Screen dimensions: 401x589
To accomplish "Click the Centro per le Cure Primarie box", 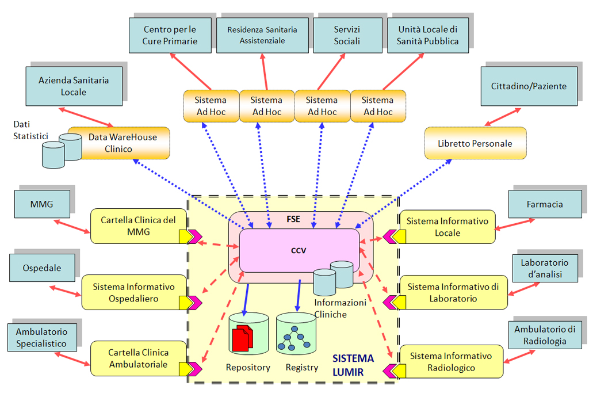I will click(x=170, y=35).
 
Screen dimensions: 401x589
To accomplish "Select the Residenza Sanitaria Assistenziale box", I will click(x=262, y=35).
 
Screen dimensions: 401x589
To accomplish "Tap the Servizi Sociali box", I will click(x=347, y=35).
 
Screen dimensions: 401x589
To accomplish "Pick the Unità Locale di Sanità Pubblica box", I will click(x=428, y=35).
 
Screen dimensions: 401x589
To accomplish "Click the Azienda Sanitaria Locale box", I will click(x=74, y=86).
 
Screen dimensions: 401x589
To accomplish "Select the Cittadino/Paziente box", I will click(x=529, y=86).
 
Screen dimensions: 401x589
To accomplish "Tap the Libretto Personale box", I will click(x=475, y=143).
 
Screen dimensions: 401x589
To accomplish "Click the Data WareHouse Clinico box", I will click(x=118, y=143).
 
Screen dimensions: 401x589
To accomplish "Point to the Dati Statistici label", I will click(x=29, y=129).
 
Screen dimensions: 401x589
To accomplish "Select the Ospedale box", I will click(x=42, y=268).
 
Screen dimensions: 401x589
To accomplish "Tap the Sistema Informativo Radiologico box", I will click(x=450, y=361).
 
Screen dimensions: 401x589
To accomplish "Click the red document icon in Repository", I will click(x=242, y=339).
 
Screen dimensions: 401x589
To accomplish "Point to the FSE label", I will click(x=293, y=220).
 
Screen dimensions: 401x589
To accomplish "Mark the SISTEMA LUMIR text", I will click(x=353, y=365).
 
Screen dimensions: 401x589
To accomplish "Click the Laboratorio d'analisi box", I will click(x=545, y=269).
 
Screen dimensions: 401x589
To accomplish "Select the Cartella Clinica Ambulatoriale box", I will click(x=139, y=358).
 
